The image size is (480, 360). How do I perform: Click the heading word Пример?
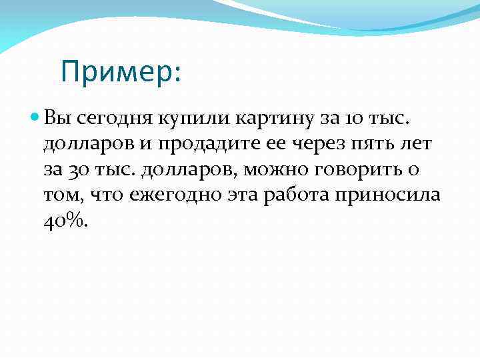point(119,71)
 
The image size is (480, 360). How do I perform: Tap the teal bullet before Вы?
point(35,117)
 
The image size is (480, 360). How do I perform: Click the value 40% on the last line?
point(65,221)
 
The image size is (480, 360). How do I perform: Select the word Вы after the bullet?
point(55,119)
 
